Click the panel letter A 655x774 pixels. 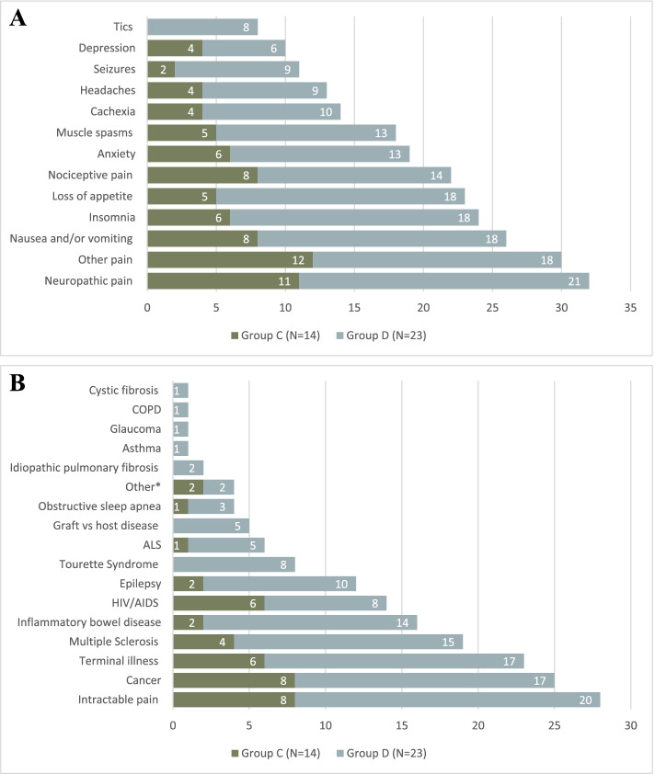point(17,19)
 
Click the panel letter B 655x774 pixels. point(17,381)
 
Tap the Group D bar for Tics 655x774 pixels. point(202,27)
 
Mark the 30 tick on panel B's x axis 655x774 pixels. point(630,725)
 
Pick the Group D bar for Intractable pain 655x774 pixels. point(447,700)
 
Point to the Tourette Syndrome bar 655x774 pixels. point(234,564)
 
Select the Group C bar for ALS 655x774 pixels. point(180,545)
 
